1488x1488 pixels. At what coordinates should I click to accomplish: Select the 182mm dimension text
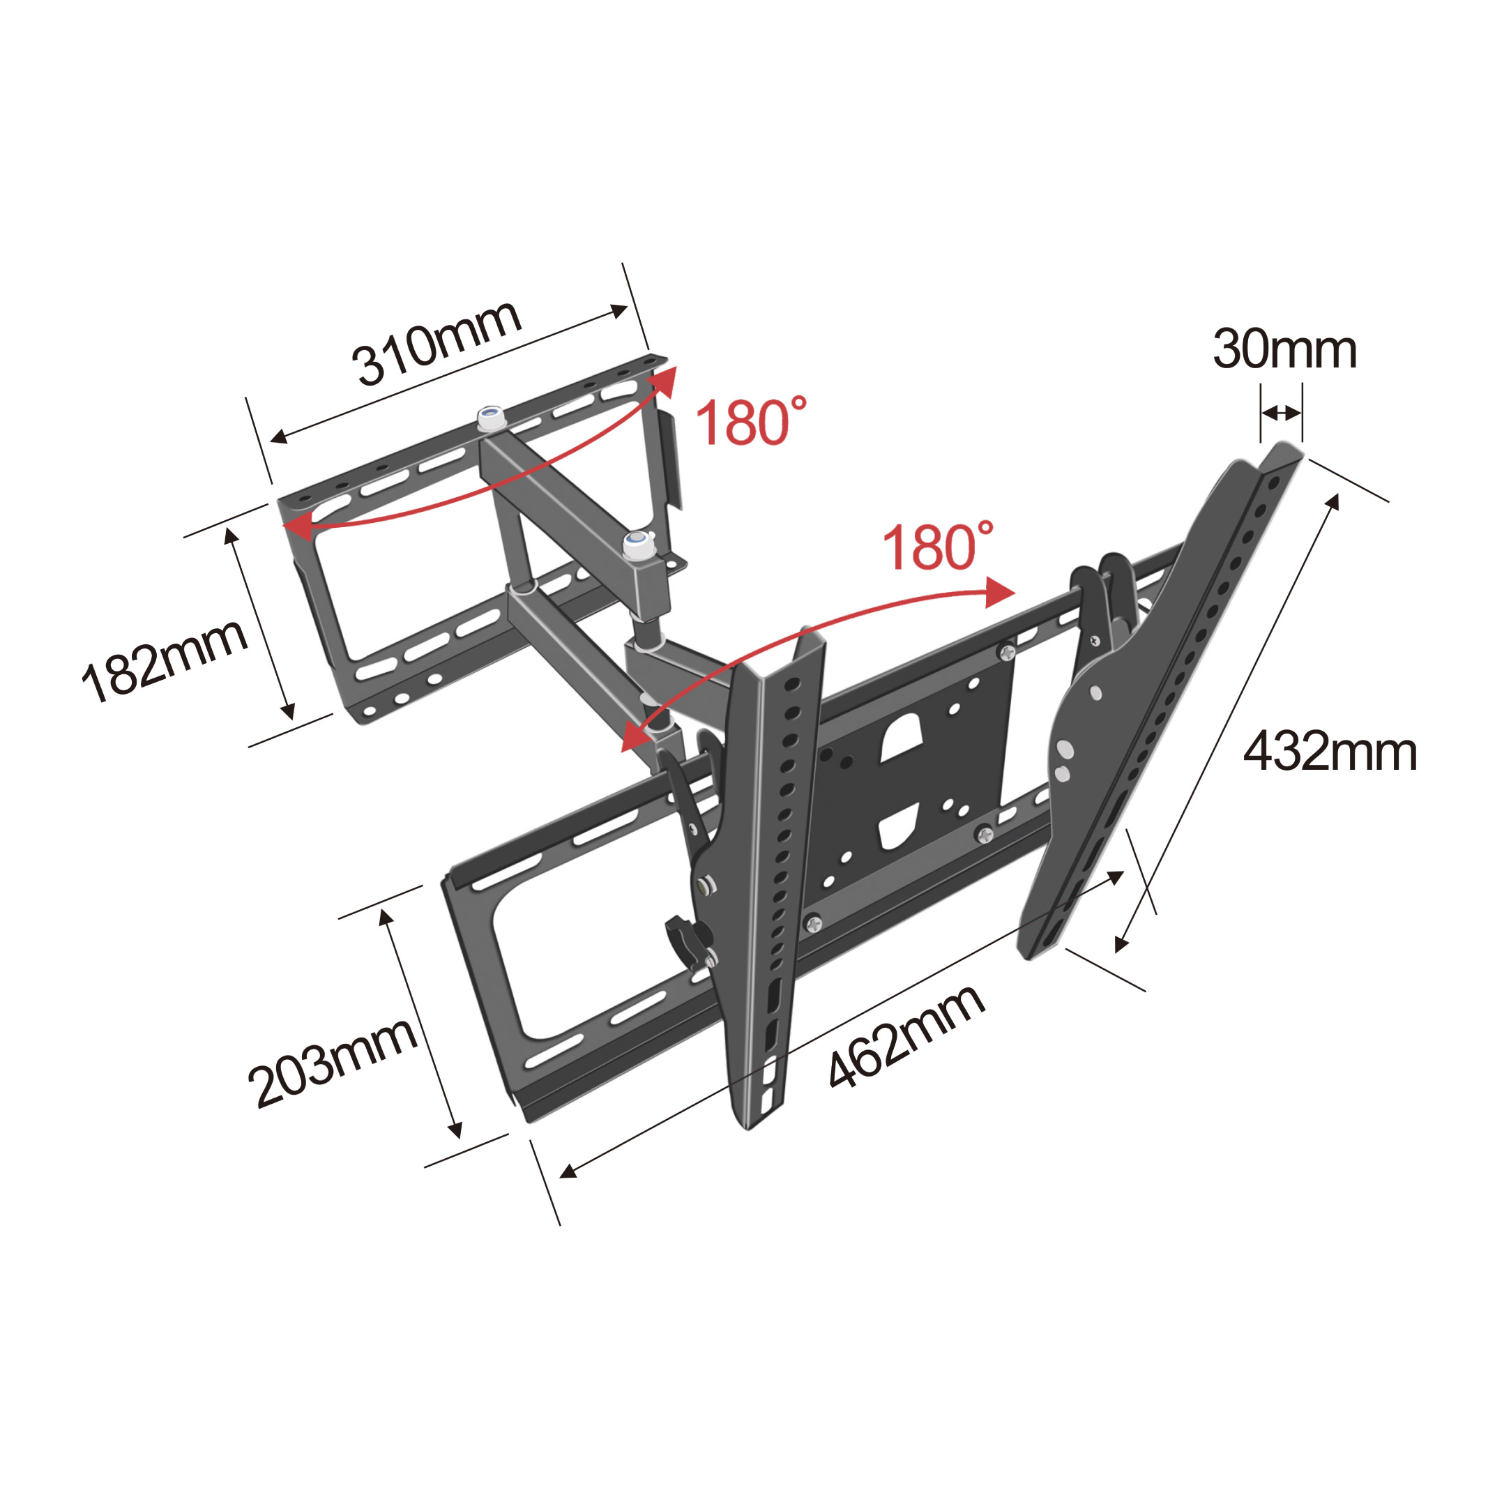[164, 661]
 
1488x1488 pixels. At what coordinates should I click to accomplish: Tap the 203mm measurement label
[332, 1063]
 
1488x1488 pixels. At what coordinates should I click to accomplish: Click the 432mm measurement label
[1330, 752]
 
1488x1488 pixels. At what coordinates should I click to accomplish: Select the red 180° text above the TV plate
[937, 547]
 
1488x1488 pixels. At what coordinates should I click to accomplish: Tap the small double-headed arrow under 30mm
[1282, 413]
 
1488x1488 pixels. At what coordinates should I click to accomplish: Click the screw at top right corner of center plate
[1007, 653]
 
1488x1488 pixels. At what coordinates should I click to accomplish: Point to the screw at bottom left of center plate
[813, 922]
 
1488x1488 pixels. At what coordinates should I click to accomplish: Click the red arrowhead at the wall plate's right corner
[663, 381]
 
